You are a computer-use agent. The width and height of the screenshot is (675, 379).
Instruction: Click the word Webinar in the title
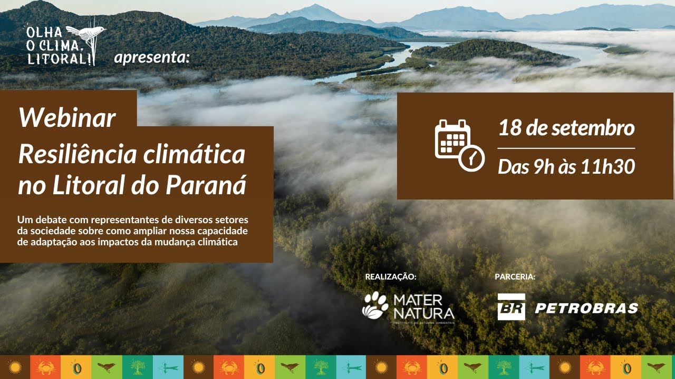pos(67,118)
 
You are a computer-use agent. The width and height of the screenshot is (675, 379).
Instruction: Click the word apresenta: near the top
pos(151,57)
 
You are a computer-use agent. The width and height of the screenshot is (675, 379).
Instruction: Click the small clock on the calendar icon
pos(472,157)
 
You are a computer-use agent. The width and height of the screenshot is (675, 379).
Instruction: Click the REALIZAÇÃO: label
pos(391,276)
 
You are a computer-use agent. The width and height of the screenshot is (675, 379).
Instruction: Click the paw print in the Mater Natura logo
pos(375,305)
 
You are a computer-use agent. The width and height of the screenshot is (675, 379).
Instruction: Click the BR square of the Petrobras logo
pos(511,307)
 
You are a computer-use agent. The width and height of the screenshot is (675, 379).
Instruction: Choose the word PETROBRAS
pos(586,308)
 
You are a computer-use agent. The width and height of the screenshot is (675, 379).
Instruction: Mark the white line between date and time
pos(566,148)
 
